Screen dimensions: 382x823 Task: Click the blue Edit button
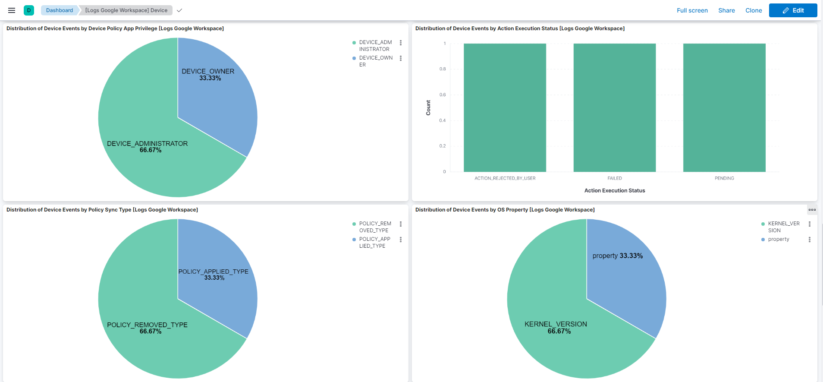click(x=793, y=10)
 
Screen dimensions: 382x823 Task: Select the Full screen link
click(x=692, y=10)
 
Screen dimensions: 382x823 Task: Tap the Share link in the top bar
click(x=726, y=10)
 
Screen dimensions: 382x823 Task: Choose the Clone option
click(x=754, y=10)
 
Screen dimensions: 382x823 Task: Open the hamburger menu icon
click(x=12, y=10)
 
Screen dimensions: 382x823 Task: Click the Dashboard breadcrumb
click(x=60, y=10)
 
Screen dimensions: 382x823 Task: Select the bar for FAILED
click(x=614, y=107)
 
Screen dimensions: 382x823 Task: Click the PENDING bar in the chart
click(x=724, y=107)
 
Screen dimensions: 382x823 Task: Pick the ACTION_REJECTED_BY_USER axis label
click(x=505, y=178)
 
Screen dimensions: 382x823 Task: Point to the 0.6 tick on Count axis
click(x=443, y=95)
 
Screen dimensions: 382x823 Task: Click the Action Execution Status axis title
click(x=614, y=190)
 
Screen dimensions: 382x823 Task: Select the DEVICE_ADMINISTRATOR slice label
click(x=147, y=144)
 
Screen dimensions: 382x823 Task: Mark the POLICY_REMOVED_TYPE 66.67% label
click(x=147, y=328)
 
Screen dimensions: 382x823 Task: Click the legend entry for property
click(x=778, y=239)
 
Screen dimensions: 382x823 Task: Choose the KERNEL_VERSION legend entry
click(x=783, y=227)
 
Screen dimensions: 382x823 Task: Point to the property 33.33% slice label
click(x=617, y=256)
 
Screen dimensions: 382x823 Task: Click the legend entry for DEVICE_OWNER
click(x=375, y=61)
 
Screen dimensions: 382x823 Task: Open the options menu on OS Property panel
click(x=812, y=210)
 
